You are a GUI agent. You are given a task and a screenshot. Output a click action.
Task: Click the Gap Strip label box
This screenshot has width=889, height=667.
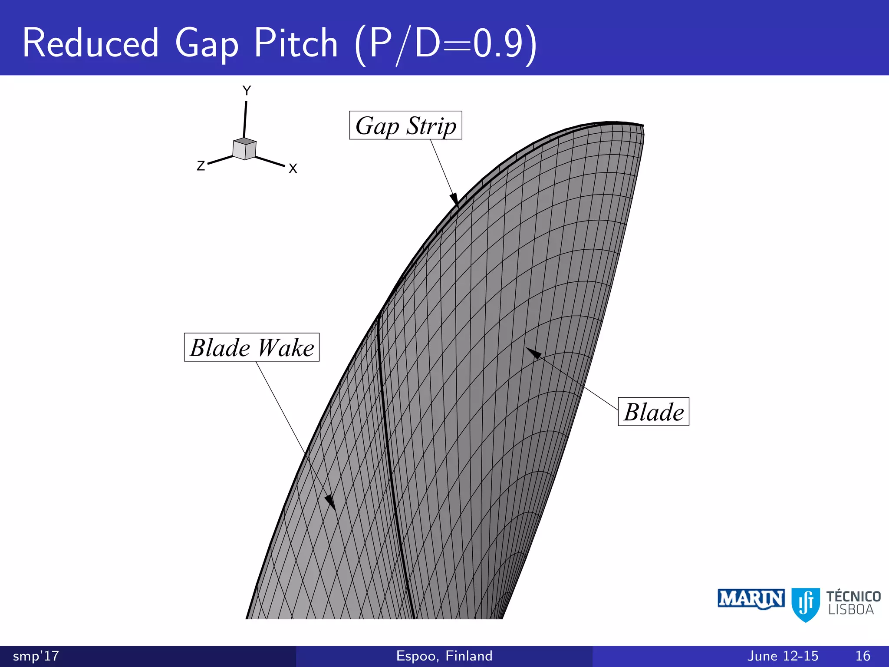click(x=405, y=125)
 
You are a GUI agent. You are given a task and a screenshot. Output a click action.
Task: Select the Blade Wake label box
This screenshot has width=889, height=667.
click(x=252, y=347)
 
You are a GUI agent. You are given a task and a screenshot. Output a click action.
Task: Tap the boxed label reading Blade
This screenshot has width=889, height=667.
click(x=653, y=412)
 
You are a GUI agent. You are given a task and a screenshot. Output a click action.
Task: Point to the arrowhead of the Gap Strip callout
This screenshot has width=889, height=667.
click(x=454, y=200)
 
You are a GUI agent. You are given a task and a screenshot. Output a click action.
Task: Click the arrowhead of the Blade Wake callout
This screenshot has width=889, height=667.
click(x=331, y=502)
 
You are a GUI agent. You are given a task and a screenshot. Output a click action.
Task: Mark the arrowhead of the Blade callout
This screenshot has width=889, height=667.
click(x=533, y=353)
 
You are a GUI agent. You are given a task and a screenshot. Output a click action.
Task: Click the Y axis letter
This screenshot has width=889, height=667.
click(x=247, y=91)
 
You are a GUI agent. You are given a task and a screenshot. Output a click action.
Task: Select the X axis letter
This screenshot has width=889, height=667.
click(x=293, y=168)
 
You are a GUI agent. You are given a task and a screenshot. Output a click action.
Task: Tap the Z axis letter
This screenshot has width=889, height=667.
click(x=201, y=166)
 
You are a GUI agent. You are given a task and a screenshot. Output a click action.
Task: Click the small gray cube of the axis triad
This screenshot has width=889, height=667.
click(x=244, y=149)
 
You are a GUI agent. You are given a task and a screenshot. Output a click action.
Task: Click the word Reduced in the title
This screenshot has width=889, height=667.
click(x=91, y=43)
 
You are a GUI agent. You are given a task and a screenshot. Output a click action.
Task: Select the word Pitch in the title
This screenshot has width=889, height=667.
click(x=296, y=43)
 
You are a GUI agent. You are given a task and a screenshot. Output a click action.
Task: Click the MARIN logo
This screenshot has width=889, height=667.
click(x=751, y=599)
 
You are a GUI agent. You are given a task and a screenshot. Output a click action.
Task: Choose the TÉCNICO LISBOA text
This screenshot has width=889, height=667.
click(x=853, y=603)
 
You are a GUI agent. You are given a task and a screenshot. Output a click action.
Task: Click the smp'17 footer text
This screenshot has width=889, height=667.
click(x=36, y=656)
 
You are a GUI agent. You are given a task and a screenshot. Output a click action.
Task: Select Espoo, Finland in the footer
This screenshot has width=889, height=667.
click(x=444, y=656)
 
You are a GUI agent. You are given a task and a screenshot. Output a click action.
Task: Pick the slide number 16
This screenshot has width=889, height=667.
click(x=863, y=656)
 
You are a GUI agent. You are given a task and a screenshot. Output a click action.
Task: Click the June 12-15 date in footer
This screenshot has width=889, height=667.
click(x=783, y=656)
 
